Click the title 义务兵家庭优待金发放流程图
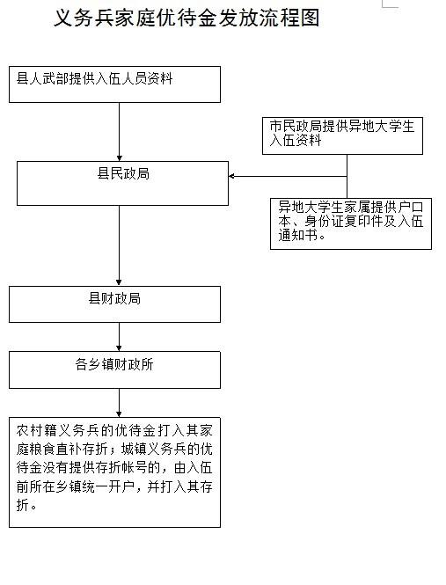point(186,18)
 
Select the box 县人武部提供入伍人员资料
point(114,84)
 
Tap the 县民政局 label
point(123,174)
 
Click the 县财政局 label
point(114,298)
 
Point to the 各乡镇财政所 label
point(114,364)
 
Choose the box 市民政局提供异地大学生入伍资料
point(342,135)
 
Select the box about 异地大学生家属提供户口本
point(351,223)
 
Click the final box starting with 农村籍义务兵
point(114,472)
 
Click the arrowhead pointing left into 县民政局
point(231,176)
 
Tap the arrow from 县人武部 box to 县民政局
point(119,132)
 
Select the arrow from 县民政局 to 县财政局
point(119,245)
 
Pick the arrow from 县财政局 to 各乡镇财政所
point(119,337)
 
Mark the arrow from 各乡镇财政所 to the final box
point(119,403)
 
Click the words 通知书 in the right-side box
point(298,236)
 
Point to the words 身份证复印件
point(344,221)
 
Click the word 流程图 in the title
point(290,18)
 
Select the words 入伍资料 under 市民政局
point(296,141)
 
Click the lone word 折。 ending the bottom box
point(26,505)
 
